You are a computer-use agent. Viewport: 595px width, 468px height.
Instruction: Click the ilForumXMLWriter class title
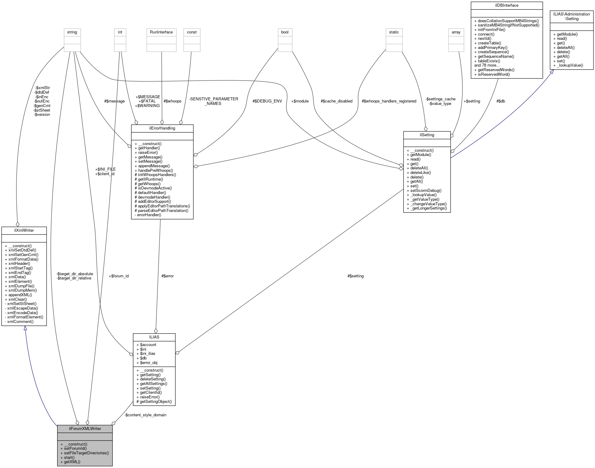(85, 428)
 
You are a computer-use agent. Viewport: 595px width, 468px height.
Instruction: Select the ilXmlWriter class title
(24, 230)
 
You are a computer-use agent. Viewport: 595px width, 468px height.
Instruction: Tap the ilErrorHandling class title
(162, 128)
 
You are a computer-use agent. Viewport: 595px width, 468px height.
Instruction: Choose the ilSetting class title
(427, 135)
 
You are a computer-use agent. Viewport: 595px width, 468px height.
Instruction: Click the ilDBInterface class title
(506, 5)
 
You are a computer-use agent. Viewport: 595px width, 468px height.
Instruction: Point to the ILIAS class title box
(154, 337)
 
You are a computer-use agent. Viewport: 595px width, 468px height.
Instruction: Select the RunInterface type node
(161, 32)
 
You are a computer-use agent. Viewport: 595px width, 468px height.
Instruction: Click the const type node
(192, 32)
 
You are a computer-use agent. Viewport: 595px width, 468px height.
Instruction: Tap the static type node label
(394, 32)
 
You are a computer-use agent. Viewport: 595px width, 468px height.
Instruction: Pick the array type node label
(456, 32)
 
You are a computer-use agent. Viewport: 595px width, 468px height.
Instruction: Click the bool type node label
(285, 32)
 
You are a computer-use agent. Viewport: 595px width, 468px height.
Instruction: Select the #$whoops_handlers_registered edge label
(389, 101)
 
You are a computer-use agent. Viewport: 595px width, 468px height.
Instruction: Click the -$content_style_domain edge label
(145, 415)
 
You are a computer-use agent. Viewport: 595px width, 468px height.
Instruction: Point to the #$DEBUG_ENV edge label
(267, 101)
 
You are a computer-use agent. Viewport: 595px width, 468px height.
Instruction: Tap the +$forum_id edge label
(119, 276)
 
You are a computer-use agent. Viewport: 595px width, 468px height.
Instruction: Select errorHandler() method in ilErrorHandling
(149, 215)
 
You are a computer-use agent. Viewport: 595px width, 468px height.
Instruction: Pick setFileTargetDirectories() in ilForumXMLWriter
(86, 453)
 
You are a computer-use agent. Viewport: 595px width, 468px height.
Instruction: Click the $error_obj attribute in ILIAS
(148, 362)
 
